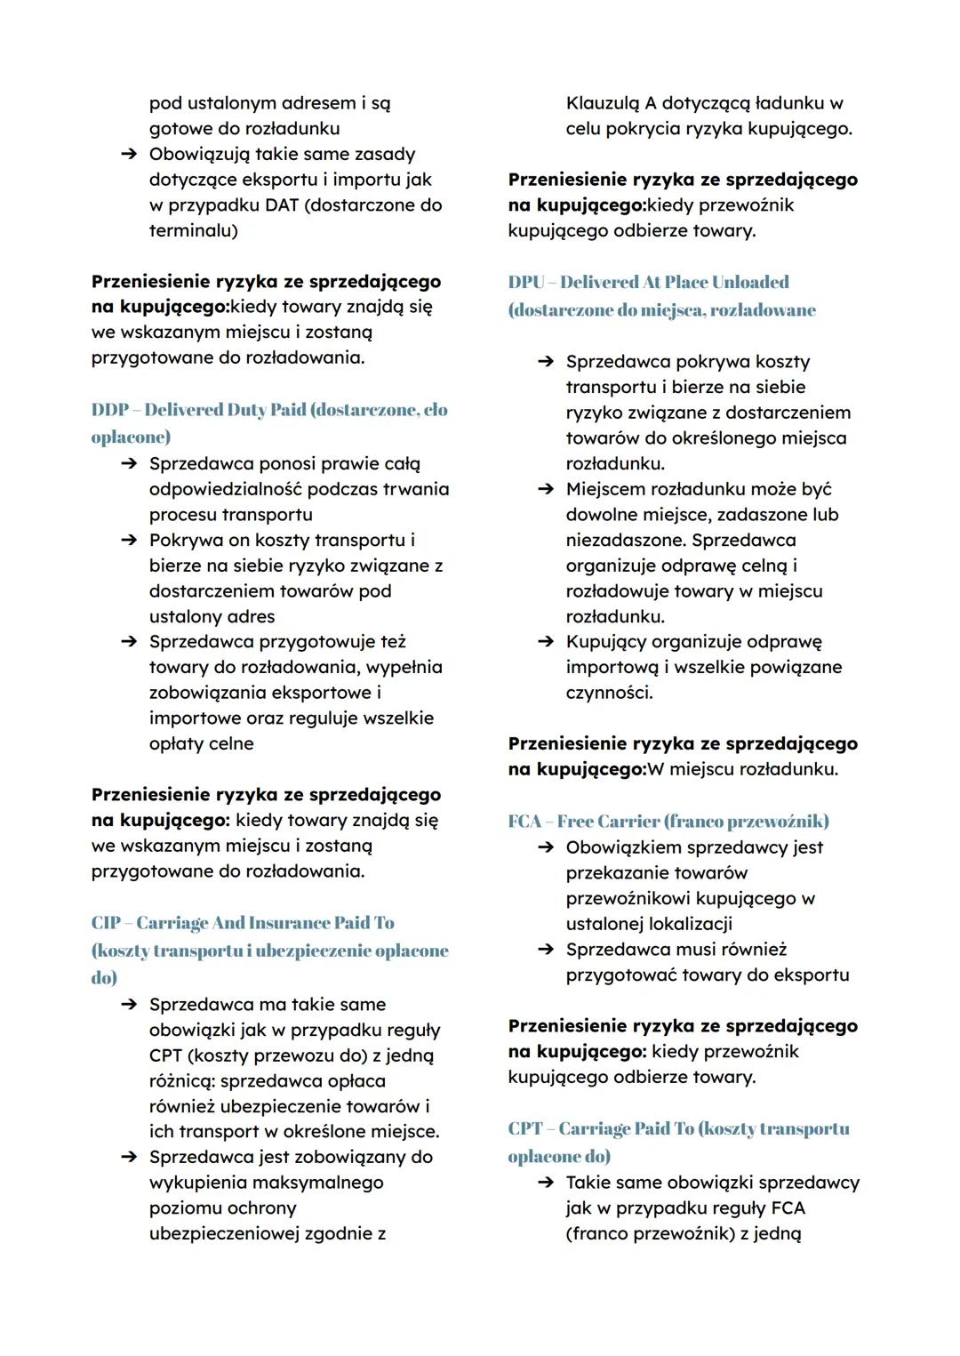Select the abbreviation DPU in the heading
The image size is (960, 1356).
coord(525,282)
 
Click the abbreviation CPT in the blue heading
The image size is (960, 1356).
coord(524,1128)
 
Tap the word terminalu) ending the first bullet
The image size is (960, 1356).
coord(193,230)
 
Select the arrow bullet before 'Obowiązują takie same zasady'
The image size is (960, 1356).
coord(129,155)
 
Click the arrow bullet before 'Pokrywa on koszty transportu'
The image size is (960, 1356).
coord(129,541)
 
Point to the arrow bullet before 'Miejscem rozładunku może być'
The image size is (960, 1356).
coord(546,490)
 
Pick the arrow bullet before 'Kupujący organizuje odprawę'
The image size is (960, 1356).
coord(546,642)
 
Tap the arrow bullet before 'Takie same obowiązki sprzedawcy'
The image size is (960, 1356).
coord(546,1183)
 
